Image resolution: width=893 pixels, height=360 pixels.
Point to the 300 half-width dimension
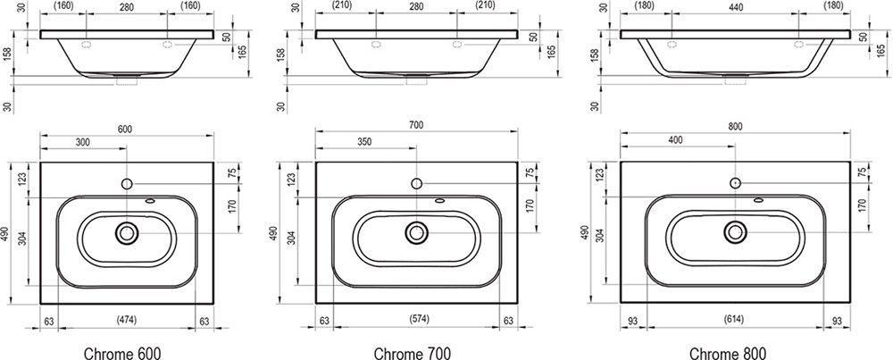pos(83,143)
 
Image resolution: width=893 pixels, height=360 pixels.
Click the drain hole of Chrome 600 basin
pos(126,234)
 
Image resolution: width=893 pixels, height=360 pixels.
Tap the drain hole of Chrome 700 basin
pos(416,234)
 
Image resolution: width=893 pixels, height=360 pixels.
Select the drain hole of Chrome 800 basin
pos(735,232)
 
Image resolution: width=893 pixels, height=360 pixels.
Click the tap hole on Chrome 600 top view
pos(126,184)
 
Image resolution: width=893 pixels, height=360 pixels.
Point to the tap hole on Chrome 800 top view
pos(735,182)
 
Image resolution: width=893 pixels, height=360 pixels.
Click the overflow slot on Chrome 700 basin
pos(439,201)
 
